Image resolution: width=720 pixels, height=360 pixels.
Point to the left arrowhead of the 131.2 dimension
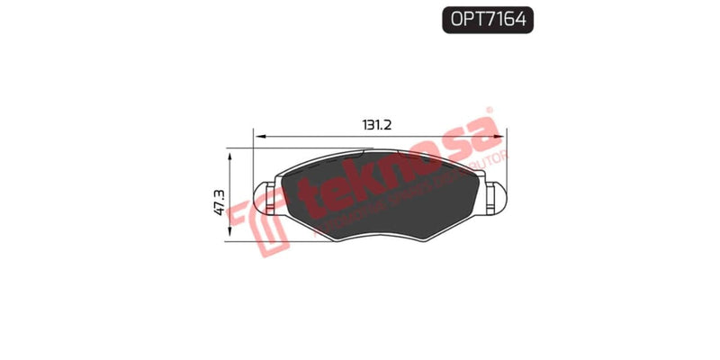(x=260, y=137)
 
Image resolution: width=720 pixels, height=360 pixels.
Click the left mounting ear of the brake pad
(x=266, y=198)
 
